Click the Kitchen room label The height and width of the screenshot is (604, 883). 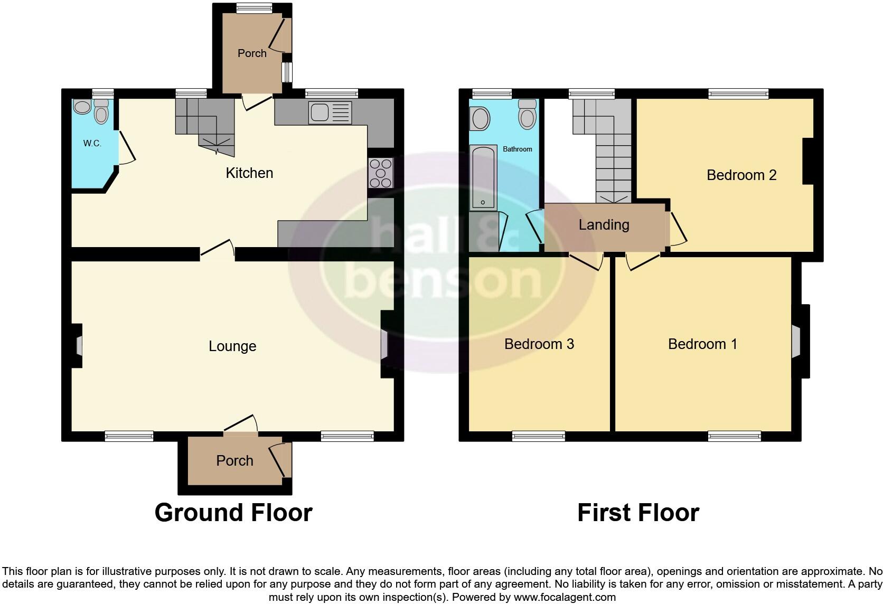[x=249, y=173]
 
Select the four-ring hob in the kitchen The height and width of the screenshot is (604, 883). [x=381, y=173]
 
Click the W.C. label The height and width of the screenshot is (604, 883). [x=92, y=143]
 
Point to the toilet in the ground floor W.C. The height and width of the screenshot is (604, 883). [x=101, y=112]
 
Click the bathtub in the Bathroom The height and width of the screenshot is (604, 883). [x=483, y=177]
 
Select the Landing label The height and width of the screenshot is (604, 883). [x=604, y=225]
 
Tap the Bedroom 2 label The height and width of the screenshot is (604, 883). [x=741, y=175]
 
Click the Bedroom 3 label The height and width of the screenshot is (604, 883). [x=539, y=344]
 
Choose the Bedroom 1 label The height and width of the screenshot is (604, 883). [x=702, y=344]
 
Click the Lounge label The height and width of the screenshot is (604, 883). [x=232, y=346]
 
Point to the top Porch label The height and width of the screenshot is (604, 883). [x=252, y=53]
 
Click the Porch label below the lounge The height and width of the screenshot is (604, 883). [x=234, y=461]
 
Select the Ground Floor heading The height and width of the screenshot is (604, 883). [x=233, y=513]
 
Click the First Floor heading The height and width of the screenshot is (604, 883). [x=638, y=513]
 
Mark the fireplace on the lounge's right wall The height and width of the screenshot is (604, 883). [x=384, y=345]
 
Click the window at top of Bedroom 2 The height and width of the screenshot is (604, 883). [x=738, y=94]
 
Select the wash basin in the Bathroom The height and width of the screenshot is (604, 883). [x=480, y=119]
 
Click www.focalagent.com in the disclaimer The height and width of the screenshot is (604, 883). [x=565, y=598]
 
